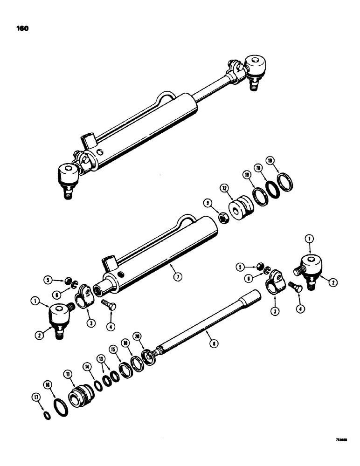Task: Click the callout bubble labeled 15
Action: pyautogui.click(x=113, y=349)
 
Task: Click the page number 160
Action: pyautogui.click(x=22, y=28)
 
